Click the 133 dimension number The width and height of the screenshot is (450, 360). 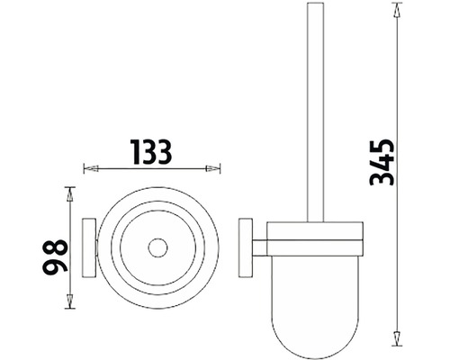click(151, 152)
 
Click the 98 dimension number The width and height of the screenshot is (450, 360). click(55, 256)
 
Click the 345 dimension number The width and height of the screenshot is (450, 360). click(382, 162)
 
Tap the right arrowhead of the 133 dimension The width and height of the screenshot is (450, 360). click(212, 168)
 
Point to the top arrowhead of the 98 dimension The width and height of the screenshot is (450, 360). click(70, 194)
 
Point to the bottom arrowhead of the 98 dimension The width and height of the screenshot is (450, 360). click(70, 301)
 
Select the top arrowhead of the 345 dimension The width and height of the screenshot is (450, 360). click(397, 10)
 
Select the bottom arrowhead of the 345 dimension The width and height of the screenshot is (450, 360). click(397, 338)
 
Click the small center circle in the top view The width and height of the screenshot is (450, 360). click(157, 247)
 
